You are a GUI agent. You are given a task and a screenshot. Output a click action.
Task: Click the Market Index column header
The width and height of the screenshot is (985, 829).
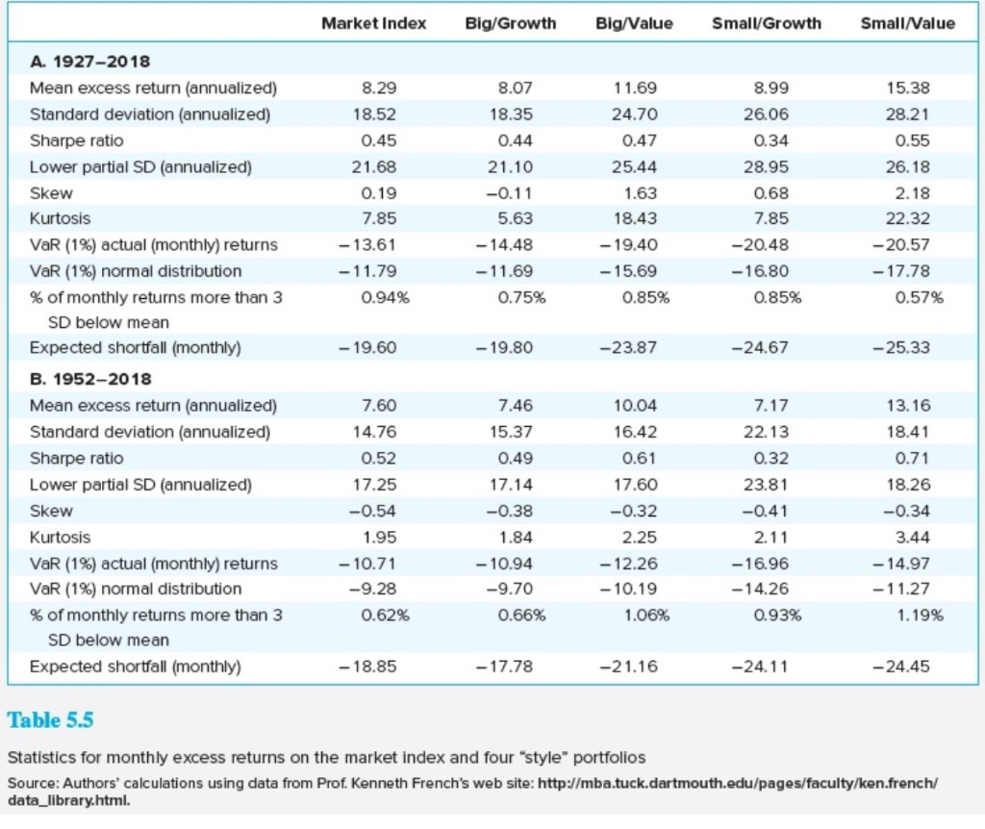(373, 23)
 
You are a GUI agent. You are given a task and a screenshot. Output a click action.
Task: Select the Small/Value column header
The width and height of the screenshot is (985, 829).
(907, 23)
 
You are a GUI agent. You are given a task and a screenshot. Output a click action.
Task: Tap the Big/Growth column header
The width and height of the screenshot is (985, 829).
(510, 23)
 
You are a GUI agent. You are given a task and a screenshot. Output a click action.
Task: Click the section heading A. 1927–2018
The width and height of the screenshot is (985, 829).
(89, 62)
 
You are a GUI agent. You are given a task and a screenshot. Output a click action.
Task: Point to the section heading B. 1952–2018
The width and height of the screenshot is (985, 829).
(89, 379)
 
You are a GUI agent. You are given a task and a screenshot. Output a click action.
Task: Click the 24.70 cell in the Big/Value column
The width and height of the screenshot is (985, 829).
(636, 114)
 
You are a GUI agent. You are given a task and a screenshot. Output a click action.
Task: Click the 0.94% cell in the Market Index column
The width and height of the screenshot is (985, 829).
(377, 297)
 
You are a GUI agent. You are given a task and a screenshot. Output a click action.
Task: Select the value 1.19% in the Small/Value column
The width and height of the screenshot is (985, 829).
(912, 614)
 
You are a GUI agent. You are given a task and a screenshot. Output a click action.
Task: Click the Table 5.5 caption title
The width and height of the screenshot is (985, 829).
(51, 718)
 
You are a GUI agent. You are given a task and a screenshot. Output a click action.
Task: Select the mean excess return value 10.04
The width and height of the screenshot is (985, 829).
(636, 406)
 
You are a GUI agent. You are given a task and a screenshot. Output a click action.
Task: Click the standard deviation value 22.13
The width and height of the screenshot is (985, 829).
(767, 432)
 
